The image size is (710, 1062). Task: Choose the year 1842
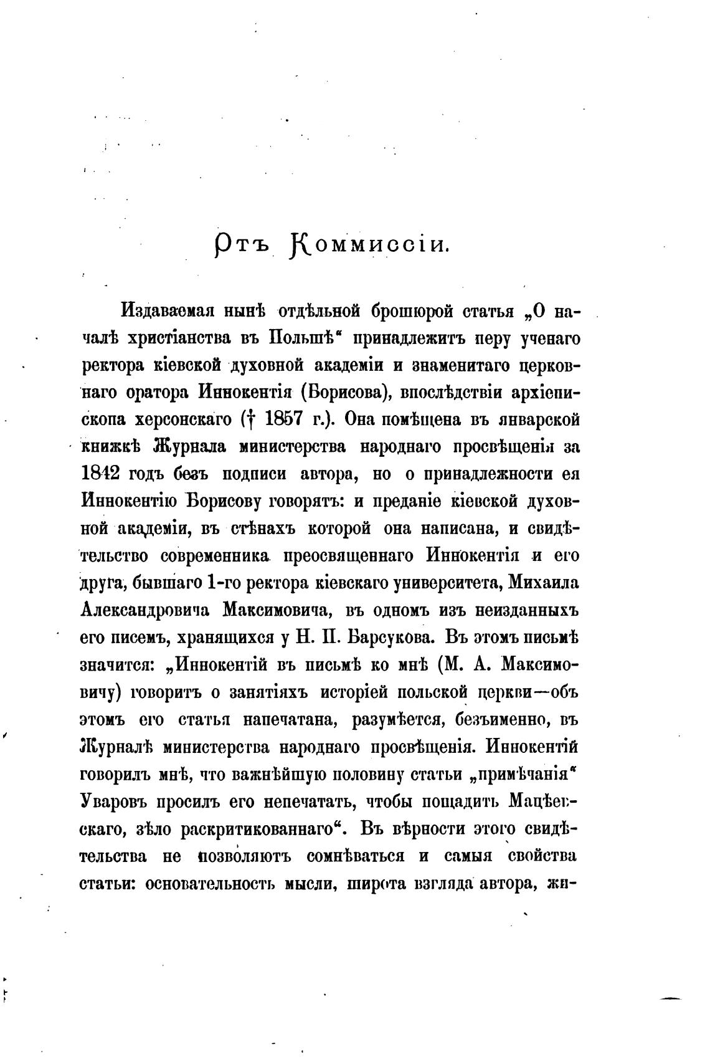100,474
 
